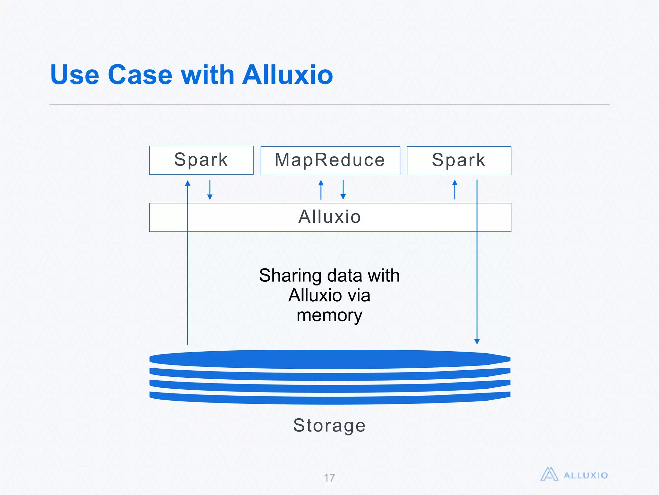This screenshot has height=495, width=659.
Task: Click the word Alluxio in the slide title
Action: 287,75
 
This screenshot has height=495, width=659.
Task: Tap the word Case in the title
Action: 140,75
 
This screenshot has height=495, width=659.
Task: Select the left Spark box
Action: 201,160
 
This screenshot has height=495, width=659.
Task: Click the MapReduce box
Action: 330,160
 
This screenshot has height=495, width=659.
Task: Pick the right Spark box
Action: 459,160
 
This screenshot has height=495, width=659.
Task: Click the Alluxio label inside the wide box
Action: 329,217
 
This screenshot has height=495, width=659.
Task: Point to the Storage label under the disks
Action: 329,425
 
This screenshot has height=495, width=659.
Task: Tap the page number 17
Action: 329,478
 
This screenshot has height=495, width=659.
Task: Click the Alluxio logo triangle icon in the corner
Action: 549,474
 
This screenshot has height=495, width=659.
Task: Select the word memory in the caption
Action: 329,315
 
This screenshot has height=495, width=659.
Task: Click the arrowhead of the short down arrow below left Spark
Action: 210,197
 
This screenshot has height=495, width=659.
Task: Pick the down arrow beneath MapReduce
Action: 343,190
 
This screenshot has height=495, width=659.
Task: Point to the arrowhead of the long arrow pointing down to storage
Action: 477,342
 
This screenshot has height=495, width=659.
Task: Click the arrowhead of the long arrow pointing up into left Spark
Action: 188,183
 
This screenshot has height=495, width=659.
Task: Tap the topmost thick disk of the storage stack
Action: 329,359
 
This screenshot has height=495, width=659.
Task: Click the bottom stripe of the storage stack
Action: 329,399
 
